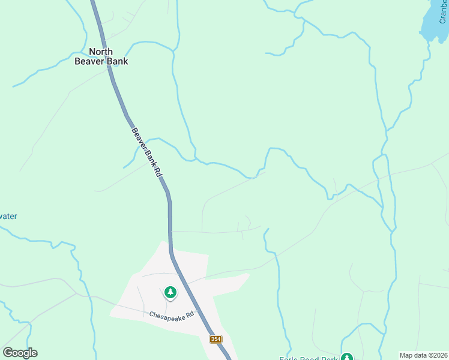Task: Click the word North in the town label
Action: pos(101,52)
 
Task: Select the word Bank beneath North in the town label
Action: pos(118,61)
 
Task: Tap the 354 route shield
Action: pos(216,339)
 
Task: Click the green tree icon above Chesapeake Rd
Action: pos(170,292)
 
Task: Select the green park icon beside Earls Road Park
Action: pos(346,356)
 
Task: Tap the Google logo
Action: pos(20,352)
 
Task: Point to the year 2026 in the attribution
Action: pos(438,355)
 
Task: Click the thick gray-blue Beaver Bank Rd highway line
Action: pos(170,216)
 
